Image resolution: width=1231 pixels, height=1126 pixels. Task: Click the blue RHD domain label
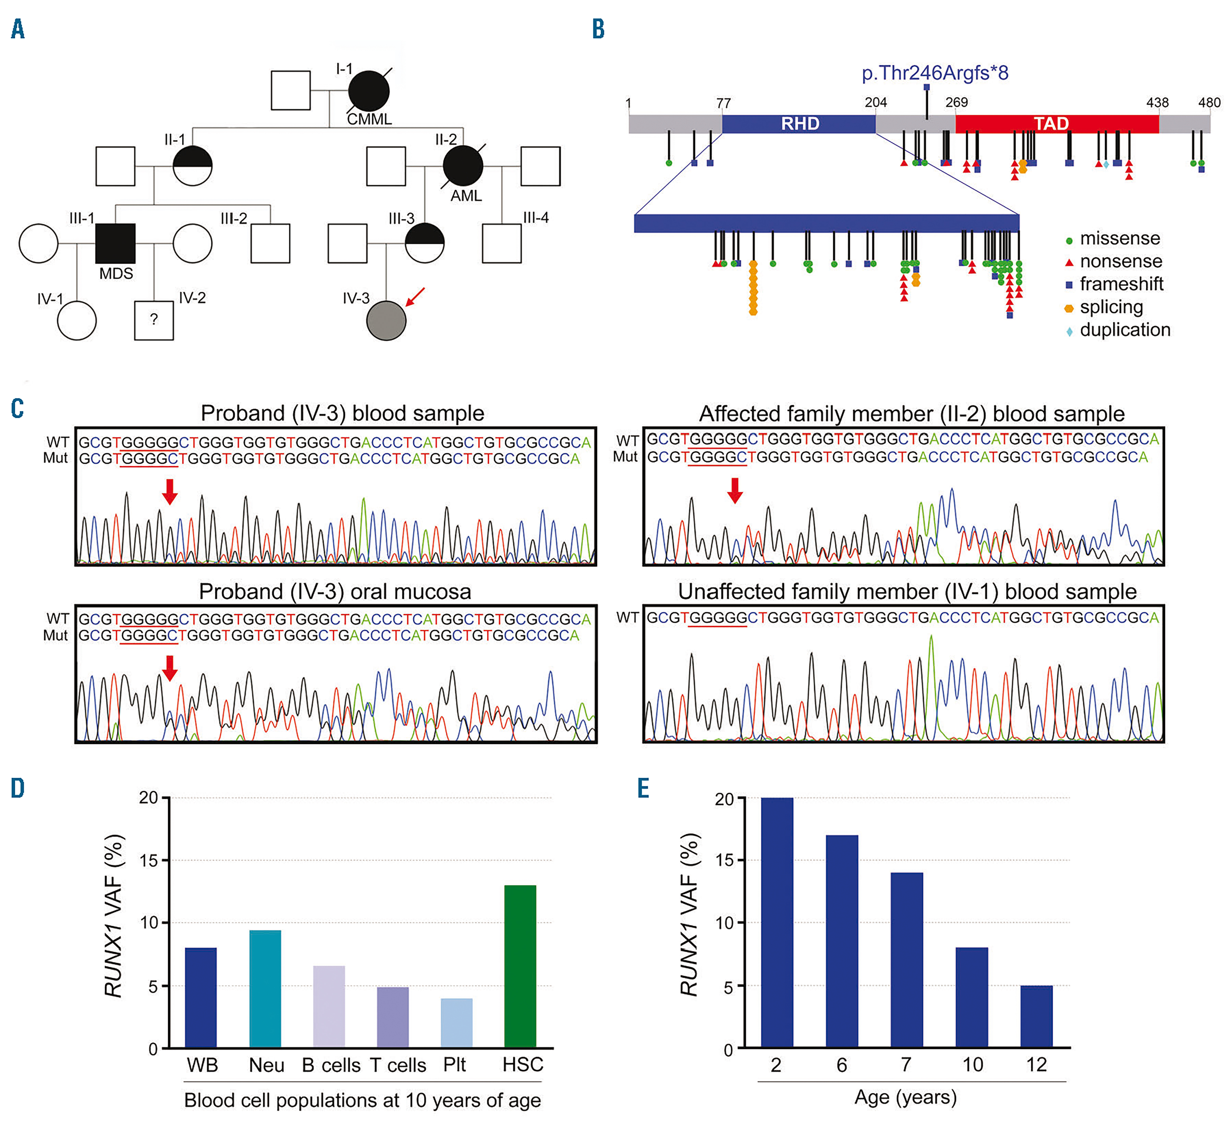[x=800, y=124]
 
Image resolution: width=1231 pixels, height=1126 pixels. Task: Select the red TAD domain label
[x=1051, y=124]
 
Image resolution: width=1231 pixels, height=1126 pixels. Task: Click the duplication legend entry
[x=1123, y=330]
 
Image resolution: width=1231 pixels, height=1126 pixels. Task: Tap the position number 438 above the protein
[x=1157, y=103]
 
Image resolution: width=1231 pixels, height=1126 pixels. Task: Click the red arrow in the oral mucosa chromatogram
[x=170, y=668]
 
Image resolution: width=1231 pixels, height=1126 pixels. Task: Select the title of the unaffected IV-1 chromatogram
[x=907, y=591]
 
